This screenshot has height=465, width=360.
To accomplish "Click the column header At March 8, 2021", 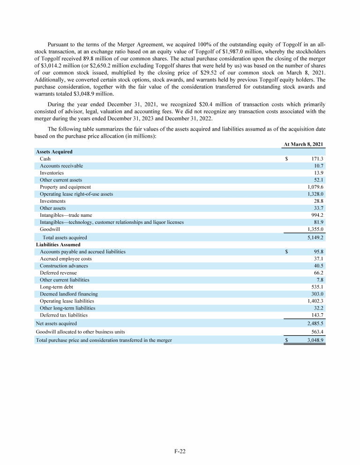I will point(304,144).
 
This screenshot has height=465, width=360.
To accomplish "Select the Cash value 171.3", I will point(318,159).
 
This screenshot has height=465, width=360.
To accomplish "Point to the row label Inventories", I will point(52,173).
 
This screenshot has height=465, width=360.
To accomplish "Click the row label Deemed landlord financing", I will point(68,294).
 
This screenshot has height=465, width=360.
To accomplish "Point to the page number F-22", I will point(180,451).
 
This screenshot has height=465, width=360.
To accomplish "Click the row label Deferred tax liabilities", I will point(63,315).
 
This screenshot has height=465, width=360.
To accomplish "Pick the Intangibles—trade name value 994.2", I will point(318,215).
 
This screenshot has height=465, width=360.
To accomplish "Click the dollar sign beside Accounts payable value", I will point(287,251).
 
